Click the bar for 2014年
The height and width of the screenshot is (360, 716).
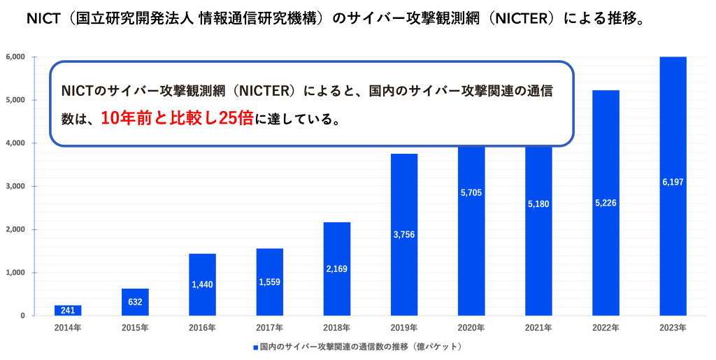point(68,310)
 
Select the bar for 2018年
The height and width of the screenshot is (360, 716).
point(337,268)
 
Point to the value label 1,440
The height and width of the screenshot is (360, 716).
point(202,285)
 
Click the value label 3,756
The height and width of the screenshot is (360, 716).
point(404,234)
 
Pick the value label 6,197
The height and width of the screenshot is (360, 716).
point(673,182)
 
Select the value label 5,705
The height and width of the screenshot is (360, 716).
point(471,192)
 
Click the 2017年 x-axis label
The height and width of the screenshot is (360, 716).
point(269,327)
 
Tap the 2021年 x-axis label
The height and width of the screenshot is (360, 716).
point(538,327)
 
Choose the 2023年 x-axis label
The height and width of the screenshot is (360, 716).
point(673,327)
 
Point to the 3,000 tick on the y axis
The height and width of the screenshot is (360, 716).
point(15,187)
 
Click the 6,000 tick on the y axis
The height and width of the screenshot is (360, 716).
point(15,57)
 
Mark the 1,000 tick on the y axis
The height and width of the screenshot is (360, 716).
point(15,273)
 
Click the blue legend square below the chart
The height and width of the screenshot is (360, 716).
point(255,347)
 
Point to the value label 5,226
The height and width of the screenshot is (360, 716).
point(606,203)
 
